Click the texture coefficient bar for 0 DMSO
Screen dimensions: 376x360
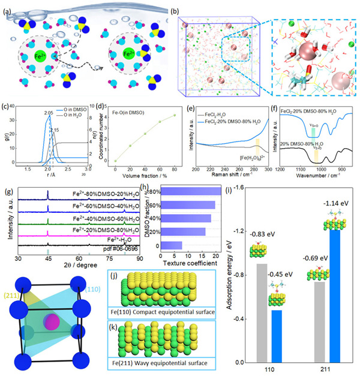click(x=173, y=246)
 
